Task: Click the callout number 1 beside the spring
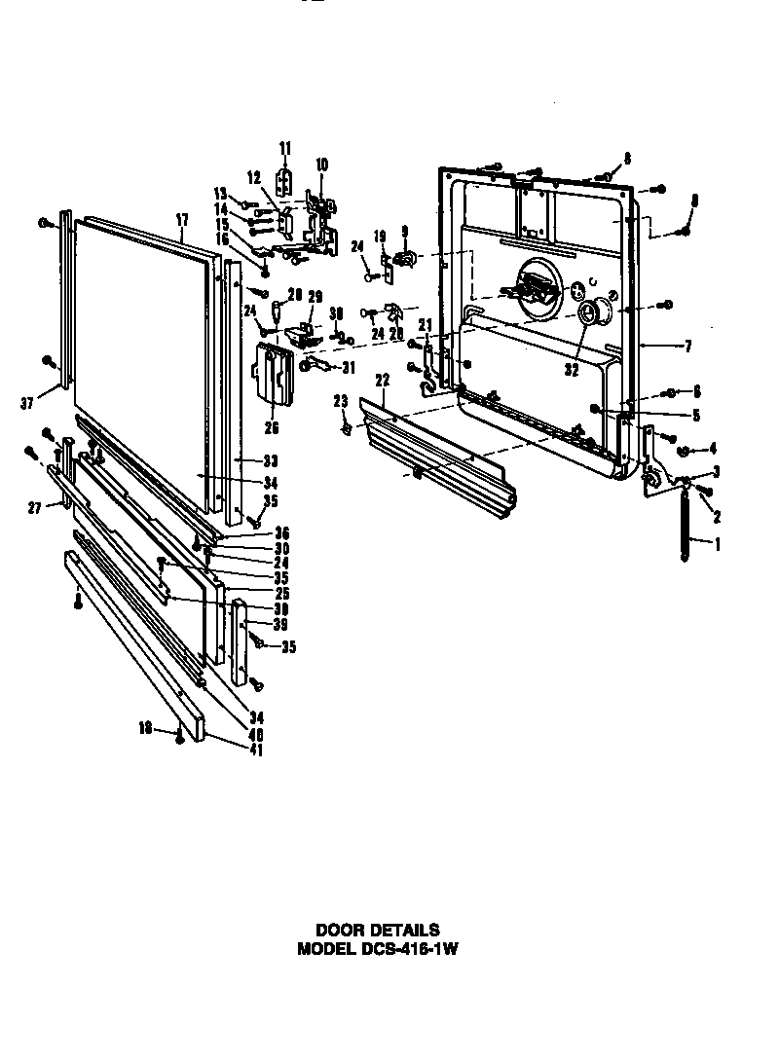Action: [x=718, y=545]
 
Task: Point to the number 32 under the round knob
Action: [x=570, y=371]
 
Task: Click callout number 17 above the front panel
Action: [x=182, y=221]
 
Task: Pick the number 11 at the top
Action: [x=285, y=148]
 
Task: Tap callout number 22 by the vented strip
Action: [x=383, y=380]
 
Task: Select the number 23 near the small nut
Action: [x=340, y=400]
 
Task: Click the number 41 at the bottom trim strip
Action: [x=229, y=750]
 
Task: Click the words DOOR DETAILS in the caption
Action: [x=377, y=931]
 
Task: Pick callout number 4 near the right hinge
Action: [x=713, y=449]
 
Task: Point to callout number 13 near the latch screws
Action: [x=220, y=192]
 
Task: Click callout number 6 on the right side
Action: [x=698, y=391]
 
